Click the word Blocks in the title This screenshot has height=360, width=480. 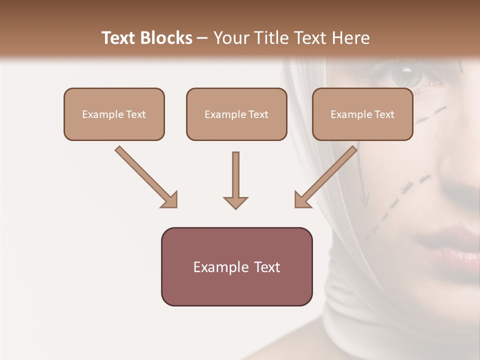click(x=165, y=38)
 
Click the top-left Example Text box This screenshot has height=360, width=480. click(x=114, y=114)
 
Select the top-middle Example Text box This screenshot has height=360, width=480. click(x=236, y=114)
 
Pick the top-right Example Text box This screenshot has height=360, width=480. click(x=362, y=114)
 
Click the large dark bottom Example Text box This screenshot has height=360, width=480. click(x=236, y=266)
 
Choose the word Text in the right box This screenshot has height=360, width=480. click(x=384, y=114)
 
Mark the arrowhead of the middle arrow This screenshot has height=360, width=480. click(x=235, y=202)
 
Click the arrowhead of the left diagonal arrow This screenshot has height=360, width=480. click(x=170, y=200)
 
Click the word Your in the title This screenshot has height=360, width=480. click(x=230, y=38)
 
